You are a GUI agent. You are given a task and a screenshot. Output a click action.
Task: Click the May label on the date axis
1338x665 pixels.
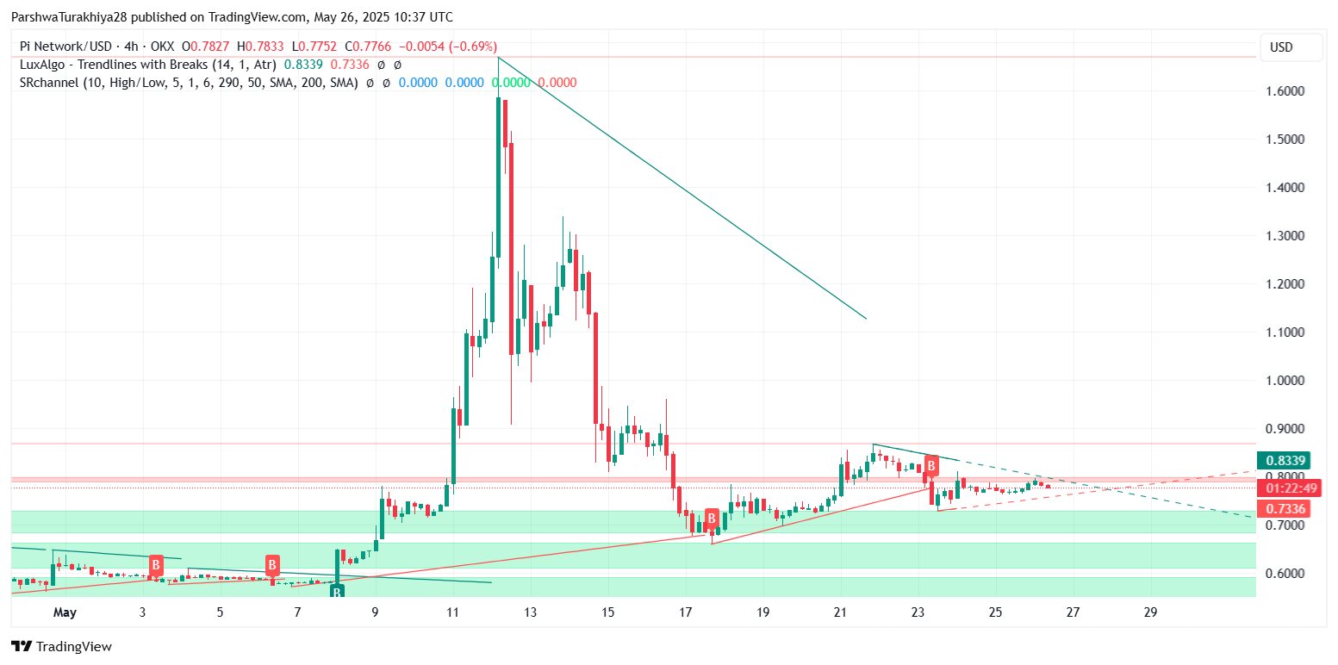(65, 613)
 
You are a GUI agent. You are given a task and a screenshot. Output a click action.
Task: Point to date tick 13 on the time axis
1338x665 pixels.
(529, 613)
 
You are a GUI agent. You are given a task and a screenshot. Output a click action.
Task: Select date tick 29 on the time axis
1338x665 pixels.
(1150, 613)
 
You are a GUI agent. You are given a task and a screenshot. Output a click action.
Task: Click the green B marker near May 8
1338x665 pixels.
(337, 592)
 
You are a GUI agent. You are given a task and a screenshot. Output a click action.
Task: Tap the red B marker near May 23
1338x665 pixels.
(930, 467)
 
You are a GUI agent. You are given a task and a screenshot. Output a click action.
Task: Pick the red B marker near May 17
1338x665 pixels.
(712, 519)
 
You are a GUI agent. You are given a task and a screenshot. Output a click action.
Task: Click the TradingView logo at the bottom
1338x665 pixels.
(61, 646)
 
